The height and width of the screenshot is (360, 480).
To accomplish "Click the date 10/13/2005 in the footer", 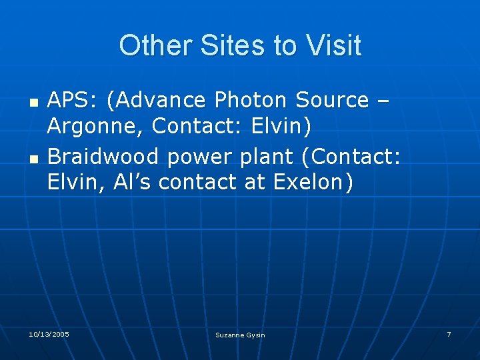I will coord(49,333).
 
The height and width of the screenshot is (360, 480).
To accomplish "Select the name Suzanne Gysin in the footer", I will coord(240,335).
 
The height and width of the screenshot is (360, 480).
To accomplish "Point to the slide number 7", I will coord(449,333).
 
